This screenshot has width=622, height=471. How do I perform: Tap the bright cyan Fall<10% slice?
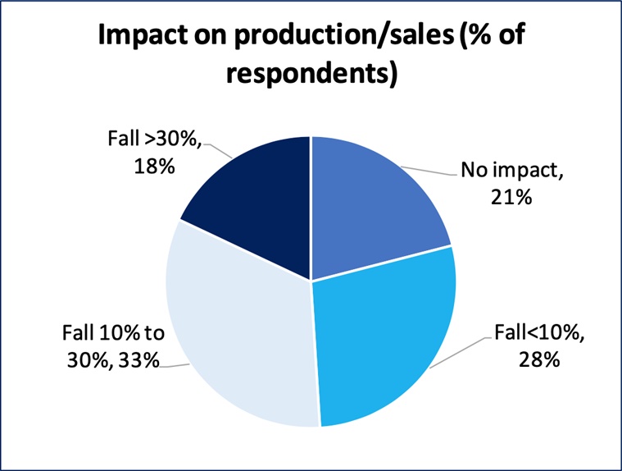(x=381, y=336)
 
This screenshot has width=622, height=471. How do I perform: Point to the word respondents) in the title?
(x=311, y=74)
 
